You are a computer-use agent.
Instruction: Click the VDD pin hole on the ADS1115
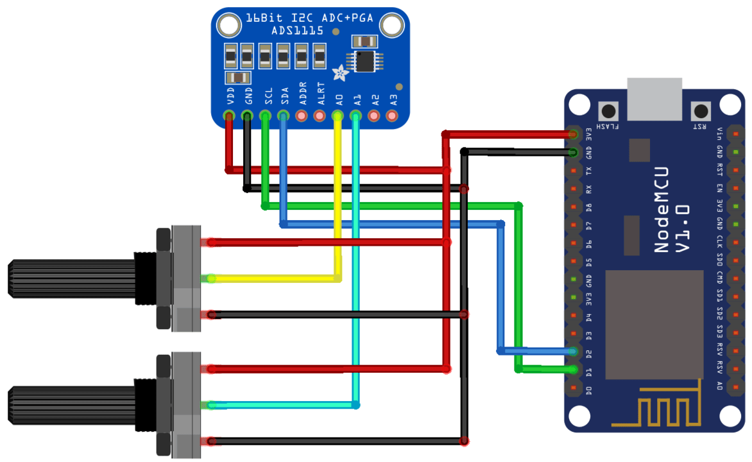coord(228,116)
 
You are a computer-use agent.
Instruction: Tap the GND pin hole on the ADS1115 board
coord(247,116)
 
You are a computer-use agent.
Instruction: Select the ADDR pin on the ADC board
coord(302,116)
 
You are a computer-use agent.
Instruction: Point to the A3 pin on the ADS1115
coord(393,116)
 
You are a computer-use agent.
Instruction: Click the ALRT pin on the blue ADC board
coord(320,116)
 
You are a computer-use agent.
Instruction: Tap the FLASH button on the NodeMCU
coord(606,110)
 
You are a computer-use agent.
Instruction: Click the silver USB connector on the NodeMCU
coord(654,99)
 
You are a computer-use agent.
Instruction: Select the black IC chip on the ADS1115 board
coord(364,61)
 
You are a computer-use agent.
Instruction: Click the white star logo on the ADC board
coord(339,73)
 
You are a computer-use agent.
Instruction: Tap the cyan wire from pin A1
coord(356,257)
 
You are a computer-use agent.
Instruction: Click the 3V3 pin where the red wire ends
coord(573,134)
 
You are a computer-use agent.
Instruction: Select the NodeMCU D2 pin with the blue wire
coord(573,352)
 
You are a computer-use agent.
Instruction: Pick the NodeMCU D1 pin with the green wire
coord(573,370)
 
